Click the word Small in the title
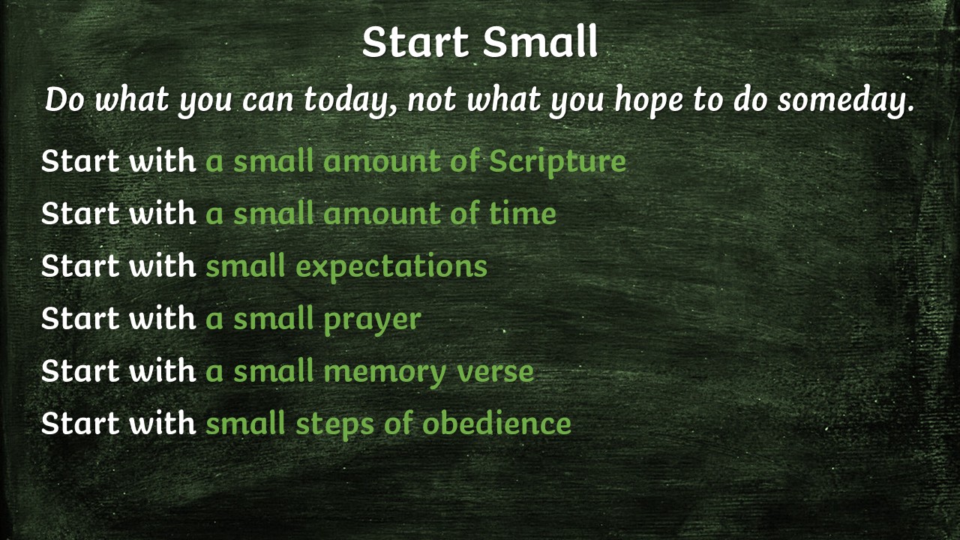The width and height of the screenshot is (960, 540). tap(540, 43)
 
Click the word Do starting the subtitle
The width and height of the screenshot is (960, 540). tap(65, 101)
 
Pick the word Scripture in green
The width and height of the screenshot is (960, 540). tap(557, 161)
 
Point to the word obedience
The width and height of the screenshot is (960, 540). tap(496, 424)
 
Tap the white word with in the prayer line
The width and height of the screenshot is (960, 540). tap(162, 319)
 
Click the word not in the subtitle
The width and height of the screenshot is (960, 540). tap(433, 101)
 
